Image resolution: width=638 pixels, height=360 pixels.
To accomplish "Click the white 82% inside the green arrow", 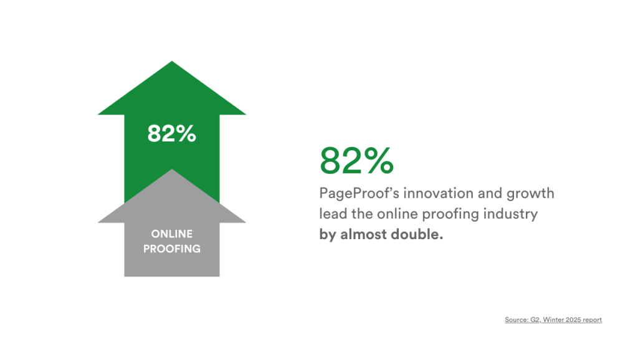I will (x=171, y=133).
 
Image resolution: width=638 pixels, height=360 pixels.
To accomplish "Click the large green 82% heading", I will (x=356, y=161).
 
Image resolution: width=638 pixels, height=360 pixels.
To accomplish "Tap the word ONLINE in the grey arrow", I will (x=172, y=234).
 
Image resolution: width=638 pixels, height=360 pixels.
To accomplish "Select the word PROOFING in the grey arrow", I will (x=172, y=249).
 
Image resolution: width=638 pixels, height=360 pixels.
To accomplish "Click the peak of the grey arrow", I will (x=172, y=171).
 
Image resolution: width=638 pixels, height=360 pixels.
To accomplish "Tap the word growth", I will (x=531, y=194).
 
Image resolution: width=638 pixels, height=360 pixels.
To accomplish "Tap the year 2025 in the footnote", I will (x=573, y=320).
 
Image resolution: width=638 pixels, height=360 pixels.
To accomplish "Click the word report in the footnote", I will (x=593, y=320).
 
